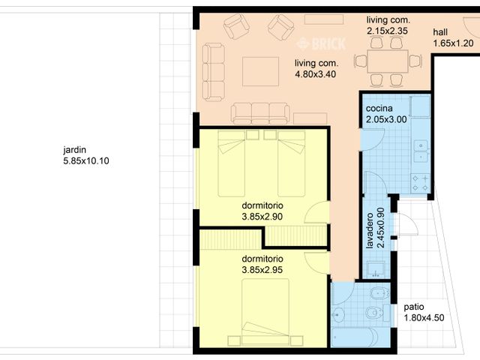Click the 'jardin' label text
75,150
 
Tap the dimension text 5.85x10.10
86,161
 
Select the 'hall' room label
440,32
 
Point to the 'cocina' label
379,108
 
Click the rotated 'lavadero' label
370,230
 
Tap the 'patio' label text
414,307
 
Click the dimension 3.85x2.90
262,217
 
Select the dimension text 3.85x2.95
262,270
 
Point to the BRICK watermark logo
321,43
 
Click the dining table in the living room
388,61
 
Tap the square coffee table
260,71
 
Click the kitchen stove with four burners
421,183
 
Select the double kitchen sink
421,151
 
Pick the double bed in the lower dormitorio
265,312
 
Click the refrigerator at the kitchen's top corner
420,106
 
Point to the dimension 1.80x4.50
424,318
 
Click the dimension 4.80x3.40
315,74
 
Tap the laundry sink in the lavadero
376,269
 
